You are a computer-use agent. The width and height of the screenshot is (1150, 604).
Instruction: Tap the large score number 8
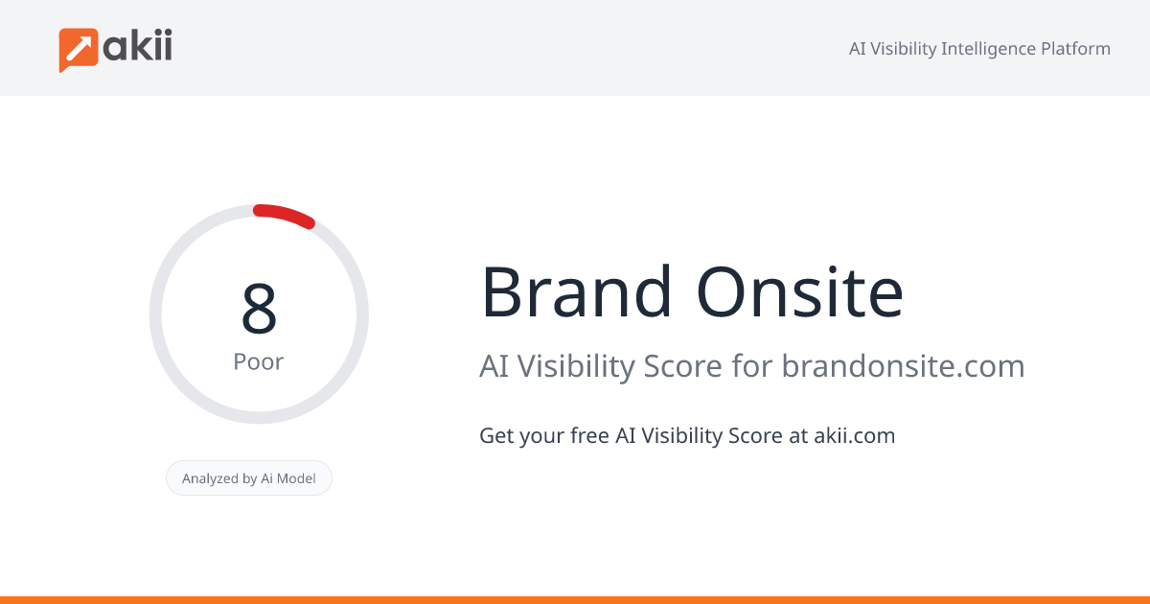click(259, 309)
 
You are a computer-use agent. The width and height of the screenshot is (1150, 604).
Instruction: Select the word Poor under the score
click(259, 362)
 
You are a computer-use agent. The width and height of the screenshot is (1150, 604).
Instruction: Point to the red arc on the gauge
click(285, 215)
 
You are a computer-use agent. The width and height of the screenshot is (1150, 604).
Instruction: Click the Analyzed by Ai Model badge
click(249, 478)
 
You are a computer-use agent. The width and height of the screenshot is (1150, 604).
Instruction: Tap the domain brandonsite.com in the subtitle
click(903, 366)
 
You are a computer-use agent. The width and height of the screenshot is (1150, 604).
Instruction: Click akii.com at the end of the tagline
click(854, 435)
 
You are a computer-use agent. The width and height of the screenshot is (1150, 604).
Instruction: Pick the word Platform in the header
click(1075, 49)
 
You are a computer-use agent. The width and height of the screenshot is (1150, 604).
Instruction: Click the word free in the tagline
click(589, 435)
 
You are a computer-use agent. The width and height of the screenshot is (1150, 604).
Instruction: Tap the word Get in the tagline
click(495, 435)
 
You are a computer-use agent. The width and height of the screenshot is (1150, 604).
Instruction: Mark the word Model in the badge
click(296, 478)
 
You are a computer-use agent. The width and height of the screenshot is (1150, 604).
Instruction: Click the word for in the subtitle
click(753, 366)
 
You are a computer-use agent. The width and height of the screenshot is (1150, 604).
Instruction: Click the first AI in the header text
click(859, 49)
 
